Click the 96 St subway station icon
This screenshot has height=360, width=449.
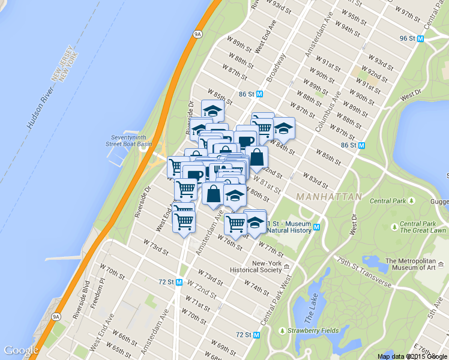[421, 38]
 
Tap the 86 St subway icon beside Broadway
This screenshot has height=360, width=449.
[260, 94]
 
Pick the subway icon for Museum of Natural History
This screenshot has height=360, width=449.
[316, 226]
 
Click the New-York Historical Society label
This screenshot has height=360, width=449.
[267, 266]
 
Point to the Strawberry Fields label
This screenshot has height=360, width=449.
[313, 330]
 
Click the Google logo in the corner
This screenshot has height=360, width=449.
[21, 350]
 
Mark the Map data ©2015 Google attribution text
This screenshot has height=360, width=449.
[412, 356]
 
